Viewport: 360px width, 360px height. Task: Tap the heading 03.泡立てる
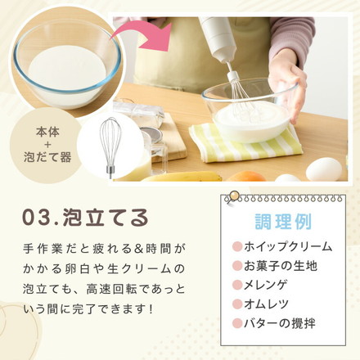coord(85,218)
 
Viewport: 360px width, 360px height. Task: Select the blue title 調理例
coord(283,222)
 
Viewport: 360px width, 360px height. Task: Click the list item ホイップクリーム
coord(288,246)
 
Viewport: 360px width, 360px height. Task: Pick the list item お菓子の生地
coord(281,266)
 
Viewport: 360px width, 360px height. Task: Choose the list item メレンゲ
coord(266,285)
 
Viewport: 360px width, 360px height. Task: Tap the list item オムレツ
coord(266,304)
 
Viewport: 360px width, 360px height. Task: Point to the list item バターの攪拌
coord(280,323)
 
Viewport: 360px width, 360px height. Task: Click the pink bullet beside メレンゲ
coord(237,285)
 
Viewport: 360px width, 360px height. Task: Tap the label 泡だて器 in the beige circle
coord(47,157)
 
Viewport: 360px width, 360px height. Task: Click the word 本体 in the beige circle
coord(47,133)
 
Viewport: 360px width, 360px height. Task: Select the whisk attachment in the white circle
coord(110,147)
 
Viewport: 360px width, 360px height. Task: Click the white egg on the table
coord(324,169)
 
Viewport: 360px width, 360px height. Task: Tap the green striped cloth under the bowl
coord(245,144)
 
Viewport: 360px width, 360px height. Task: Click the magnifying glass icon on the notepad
coord(232,198)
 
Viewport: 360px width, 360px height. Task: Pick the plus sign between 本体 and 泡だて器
coord(47,145)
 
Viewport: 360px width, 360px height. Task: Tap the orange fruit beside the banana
coord(245,177)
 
